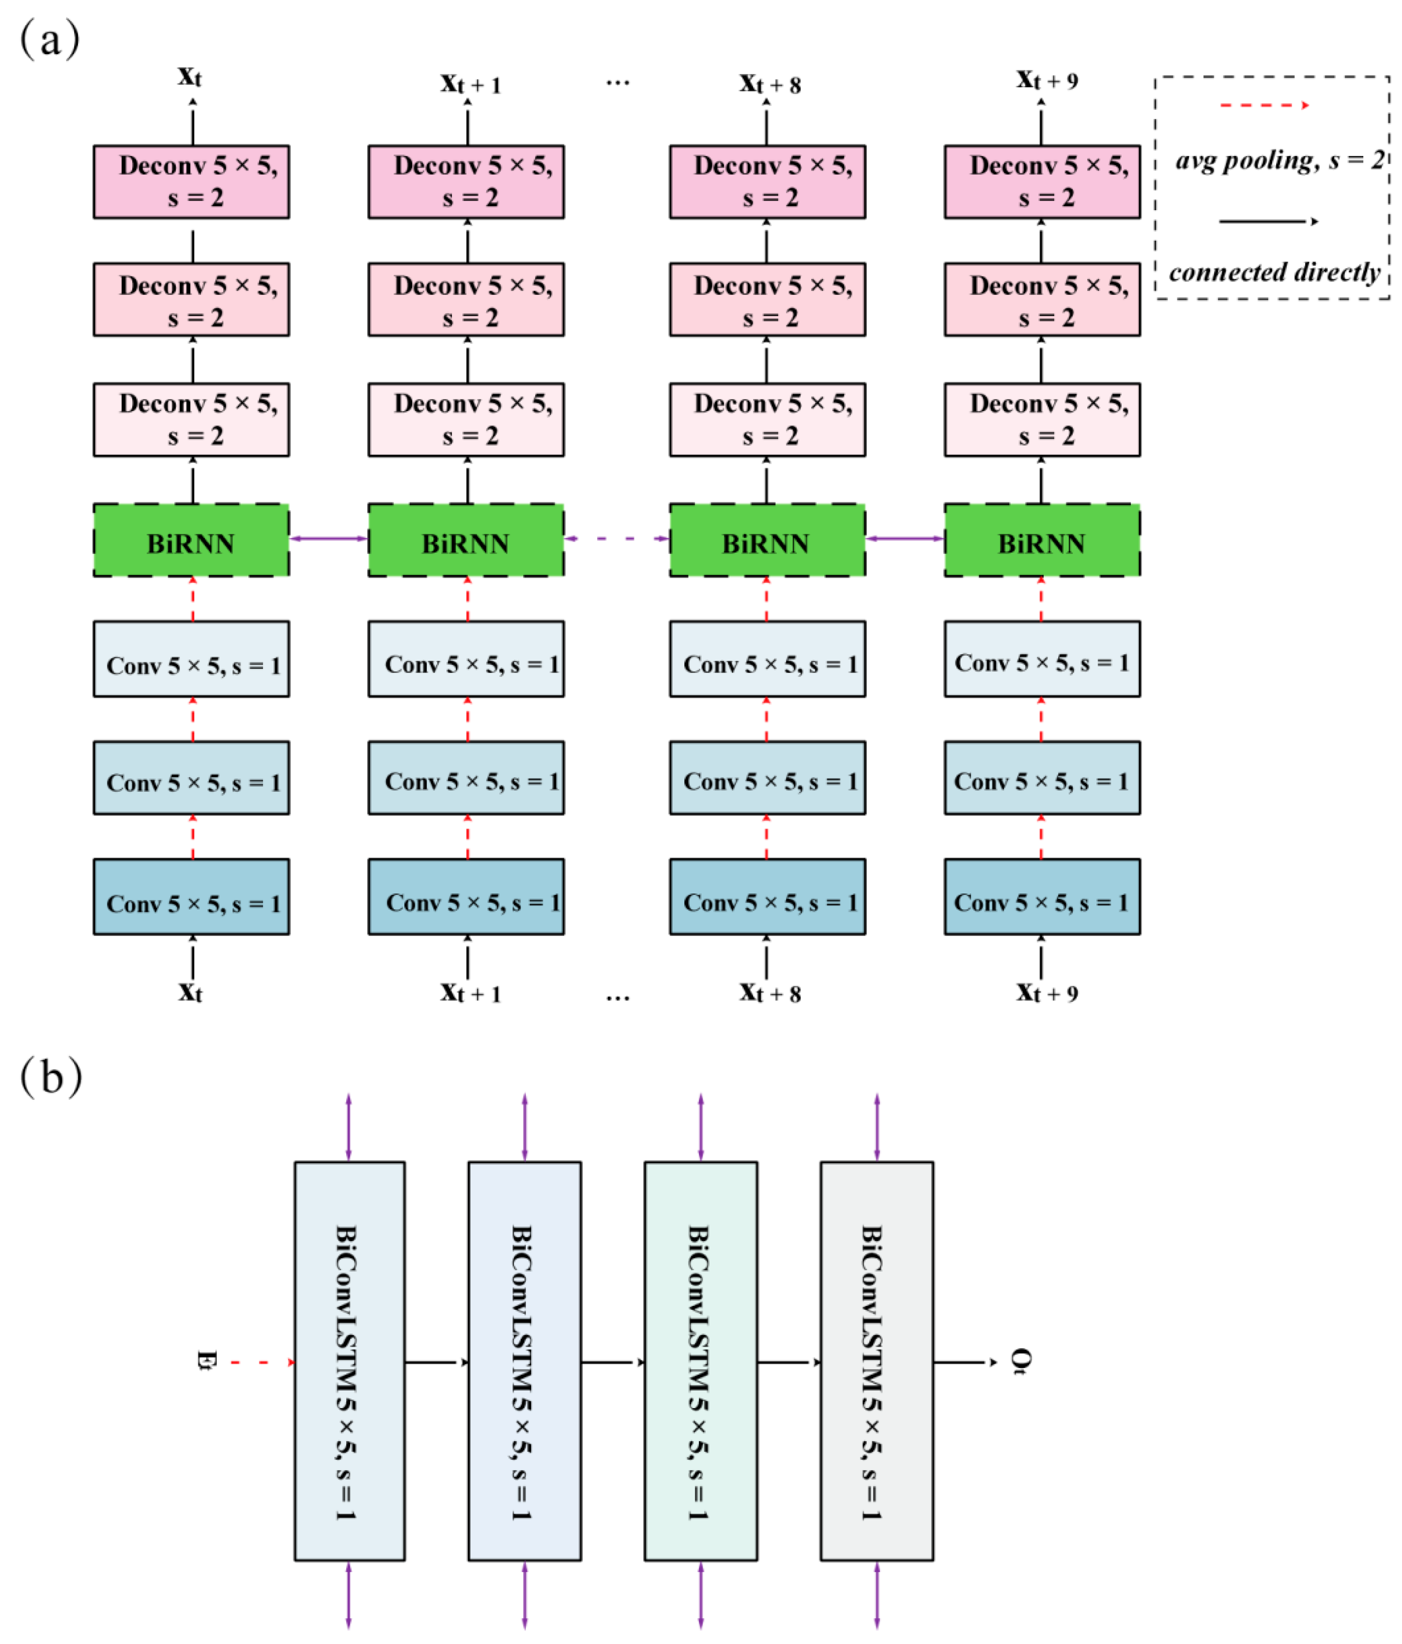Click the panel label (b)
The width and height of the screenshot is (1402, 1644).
pos(51,1076)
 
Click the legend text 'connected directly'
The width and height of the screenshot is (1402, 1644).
pos(1274,272)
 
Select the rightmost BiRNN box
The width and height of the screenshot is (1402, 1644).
pos(1041,540)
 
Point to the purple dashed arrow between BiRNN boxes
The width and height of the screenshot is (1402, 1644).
pos(616,539)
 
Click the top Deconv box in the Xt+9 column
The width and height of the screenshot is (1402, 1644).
pos(1041,182)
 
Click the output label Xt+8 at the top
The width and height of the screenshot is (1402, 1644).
pos(769,83)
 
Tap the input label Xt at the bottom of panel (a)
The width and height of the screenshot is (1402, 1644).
pos(190,992)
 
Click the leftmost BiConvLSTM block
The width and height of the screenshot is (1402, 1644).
pos(349,1361)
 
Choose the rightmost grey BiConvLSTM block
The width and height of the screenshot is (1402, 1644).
pos(876,1361)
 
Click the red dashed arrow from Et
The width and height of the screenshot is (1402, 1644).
pos(262,1362)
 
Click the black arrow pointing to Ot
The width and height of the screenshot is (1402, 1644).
pos(964,1362)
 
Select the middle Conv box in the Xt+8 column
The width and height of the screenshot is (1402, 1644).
pos(767,778)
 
